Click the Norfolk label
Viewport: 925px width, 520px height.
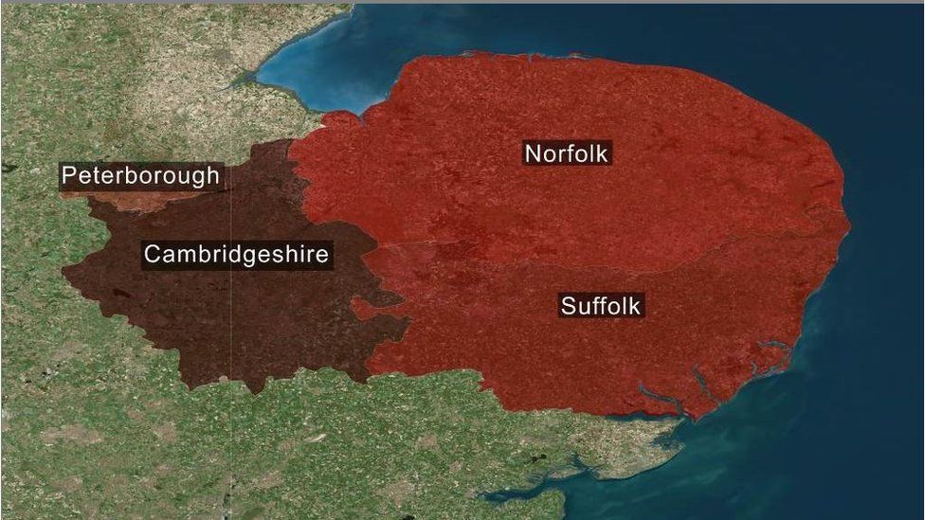pyautogui.click(x=567, y=153)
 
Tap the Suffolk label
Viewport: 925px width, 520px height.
pyautogui.click(x=602, y=306)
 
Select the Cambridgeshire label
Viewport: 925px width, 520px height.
pyautogui.click(x=236, y=254)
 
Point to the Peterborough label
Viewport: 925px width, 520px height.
pyautogui.click(x=140, y=176)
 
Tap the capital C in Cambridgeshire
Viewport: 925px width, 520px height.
pyautogui.click(x=152, y=254)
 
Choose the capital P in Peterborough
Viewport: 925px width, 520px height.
pyautogui.click(x=68, y=176)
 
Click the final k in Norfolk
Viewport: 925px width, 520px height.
pyautogui.click(x=604, y=153)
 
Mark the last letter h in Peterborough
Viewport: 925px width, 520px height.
pyautogui.click(x=213, y=176)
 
